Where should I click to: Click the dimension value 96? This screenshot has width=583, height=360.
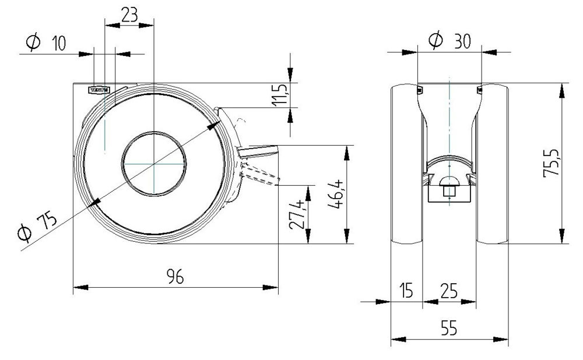[x=174, y=277]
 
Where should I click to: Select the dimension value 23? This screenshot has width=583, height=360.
[x=129, y=14]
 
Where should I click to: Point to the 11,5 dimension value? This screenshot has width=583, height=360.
[x=280, y=95]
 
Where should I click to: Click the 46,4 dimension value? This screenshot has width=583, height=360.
[x=334, y=195]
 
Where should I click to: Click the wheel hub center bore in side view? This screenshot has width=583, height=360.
[x=154, y=164]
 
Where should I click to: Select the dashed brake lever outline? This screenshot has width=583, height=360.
[x=261, y=174]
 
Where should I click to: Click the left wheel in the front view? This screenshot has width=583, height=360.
[x=406, y=163]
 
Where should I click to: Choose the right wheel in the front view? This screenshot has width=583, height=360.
[x=493, y=163]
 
